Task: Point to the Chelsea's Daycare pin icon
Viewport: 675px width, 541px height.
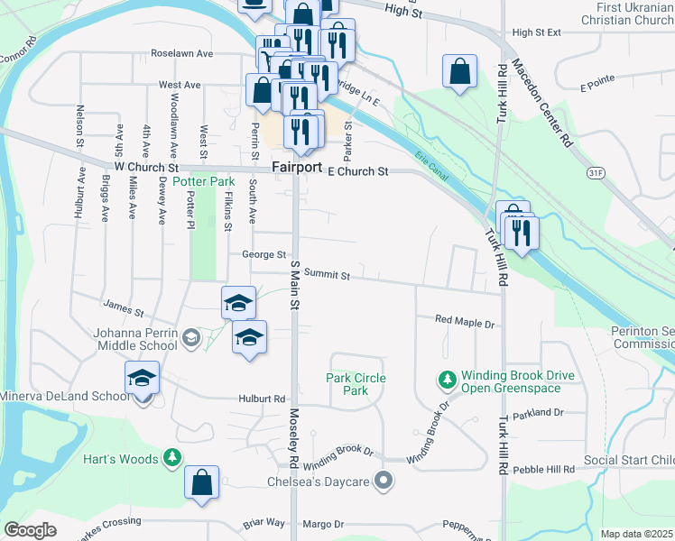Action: (x=385, y=481)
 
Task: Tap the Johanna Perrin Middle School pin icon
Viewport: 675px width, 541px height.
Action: (x=190, y=338)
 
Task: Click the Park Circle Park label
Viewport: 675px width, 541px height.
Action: (x=356, y=384)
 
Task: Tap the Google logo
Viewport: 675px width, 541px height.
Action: (x=31, y=530)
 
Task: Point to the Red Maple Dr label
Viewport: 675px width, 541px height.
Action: (x=466, y=321)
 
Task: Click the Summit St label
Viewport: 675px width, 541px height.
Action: (x=327, y=273)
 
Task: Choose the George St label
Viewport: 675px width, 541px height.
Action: (x=264, y=255)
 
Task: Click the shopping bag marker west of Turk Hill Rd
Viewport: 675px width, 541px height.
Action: (x=459, y=71)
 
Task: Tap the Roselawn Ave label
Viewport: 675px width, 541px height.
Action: (x=181, y=53)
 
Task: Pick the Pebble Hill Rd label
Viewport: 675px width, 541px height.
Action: (x=543, y=471)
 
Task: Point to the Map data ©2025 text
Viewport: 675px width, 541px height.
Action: (x=636, y=534)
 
